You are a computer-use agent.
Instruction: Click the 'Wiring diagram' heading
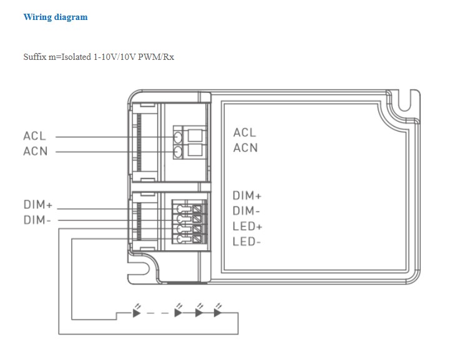click(56, 17)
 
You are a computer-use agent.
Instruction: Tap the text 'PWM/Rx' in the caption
click(156, 57)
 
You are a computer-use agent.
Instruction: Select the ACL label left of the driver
click(34, 136)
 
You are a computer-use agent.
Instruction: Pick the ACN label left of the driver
click(35, 152)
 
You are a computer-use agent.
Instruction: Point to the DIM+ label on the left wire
click(38, 205)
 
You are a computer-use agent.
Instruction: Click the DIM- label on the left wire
click(37, 220)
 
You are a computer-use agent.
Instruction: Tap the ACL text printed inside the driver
click(245, 132)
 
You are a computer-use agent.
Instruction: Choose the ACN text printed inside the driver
click(245, 148)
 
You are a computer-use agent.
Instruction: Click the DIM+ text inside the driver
click(247, 196)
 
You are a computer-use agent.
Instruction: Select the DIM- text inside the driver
click(246, 211)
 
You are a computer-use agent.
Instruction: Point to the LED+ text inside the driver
click(247, 226)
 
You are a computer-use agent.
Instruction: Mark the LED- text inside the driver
click(247, 241)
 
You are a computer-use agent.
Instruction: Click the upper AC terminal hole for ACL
click(177, 137)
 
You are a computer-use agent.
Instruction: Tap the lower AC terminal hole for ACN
click(177, 152)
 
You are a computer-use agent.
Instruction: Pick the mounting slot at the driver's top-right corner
click(405, 100)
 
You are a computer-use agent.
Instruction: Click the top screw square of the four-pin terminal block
click(198, 209)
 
